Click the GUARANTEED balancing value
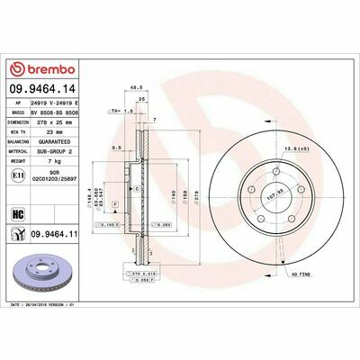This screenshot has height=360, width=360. tap(59, 141)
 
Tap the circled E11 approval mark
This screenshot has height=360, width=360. tap(19, 180)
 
